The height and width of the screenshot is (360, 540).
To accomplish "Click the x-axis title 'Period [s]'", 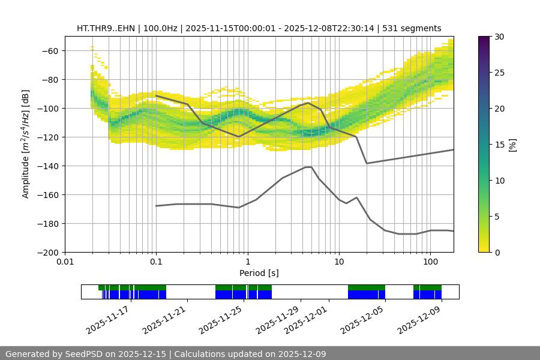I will tap(259, 273).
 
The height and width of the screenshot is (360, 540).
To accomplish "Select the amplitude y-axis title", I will tap(26, 145).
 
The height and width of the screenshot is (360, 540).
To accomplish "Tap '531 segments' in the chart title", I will tap(414, 28).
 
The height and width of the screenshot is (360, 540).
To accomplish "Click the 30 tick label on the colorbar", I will tap(497, 37).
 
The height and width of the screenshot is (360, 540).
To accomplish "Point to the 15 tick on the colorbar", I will tap(497, 145).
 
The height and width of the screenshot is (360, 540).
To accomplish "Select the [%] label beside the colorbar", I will tap(512, 145).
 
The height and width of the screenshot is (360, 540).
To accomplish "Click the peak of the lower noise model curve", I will tap(308, 167).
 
